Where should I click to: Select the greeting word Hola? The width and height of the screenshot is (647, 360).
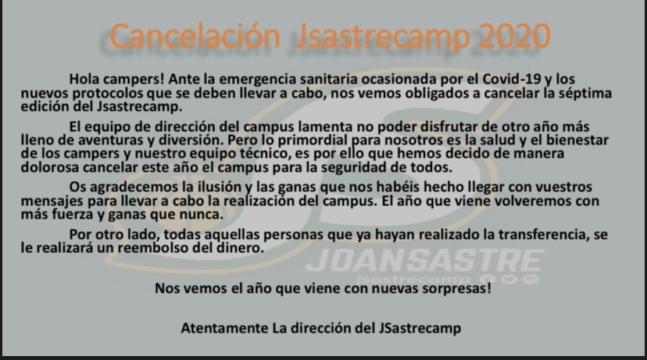click(85, 80)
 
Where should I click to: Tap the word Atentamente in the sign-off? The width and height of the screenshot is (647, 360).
click(220, 329)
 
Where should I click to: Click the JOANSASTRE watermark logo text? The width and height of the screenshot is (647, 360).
click(425, 260)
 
